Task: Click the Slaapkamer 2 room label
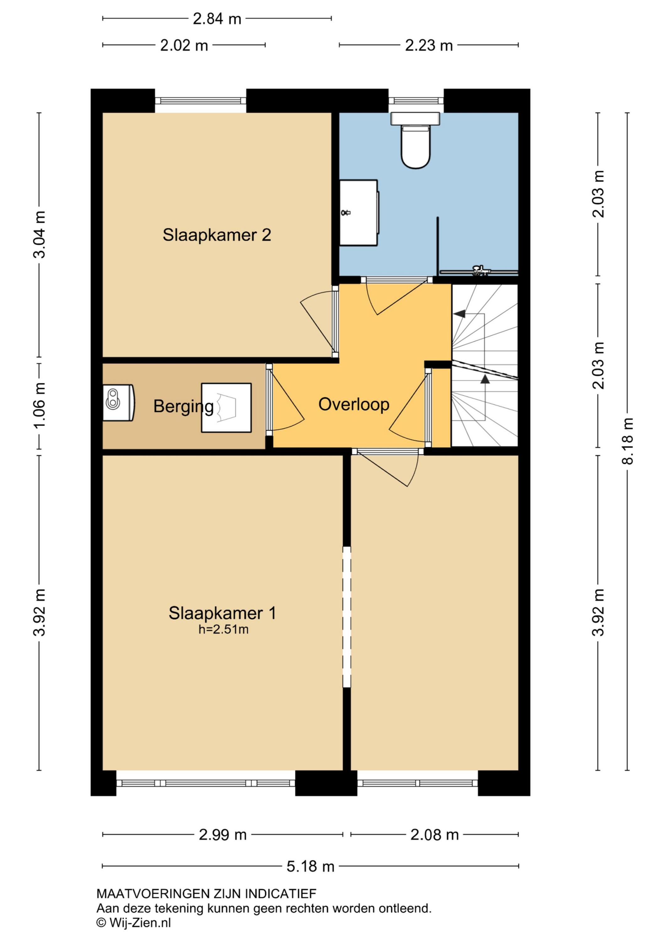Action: tap(217, 235)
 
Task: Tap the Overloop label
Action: tap(354, 404)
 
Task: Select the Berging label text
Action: tap(183, 407)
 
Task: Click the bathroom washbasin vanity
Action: tap(359, 213)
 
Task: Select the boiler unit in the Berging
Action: tap(119, 403)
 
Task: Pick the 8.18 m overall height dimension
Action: tap(627, 441)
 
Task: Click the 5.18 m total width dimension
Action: tap(310, 867)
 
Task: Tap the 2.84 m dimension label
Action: tap(217, 19)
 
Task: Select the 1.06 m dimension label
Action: tap(40, 405)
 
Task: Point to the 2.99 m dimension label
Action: tap(223, 835)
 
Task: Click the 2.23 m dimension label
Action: tap(429, 46)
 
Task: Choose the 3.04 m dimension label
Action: tap(40, 234)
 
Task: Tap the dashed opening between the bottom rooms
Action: tap(347, 617)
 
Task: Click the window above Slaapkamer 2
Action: tap(201, 100)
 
